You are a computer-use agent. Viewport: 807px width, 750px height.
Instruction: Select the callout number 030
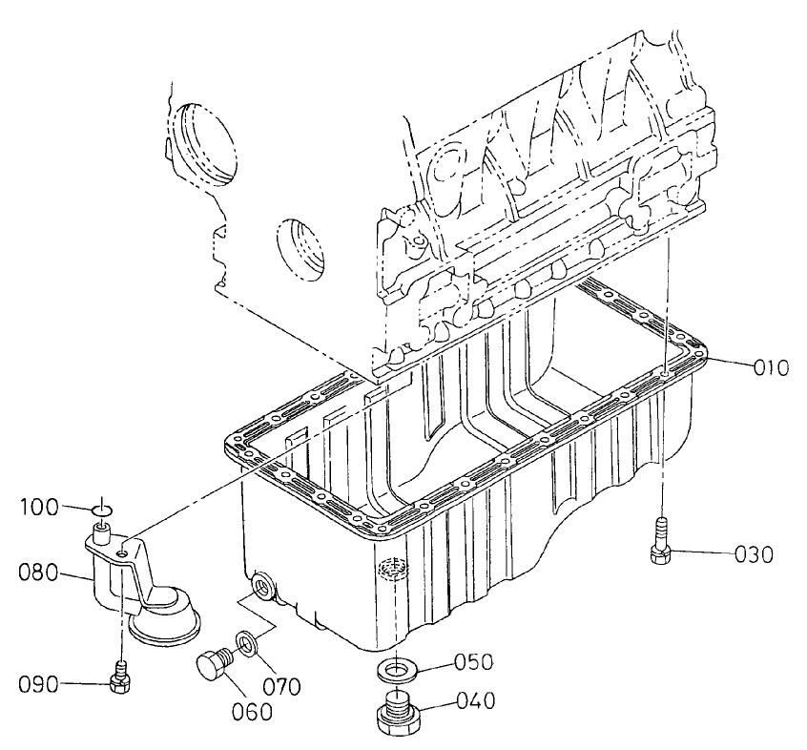tap(759, 553)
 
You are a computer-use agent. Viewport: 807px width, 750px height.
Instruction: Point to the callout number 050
tap(473, 660)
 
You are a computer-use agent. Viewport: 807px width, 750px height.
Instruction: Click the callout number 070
tap(282, 685)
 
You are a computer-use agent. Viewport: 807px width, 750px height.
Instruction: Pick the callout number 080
tap(39, 573)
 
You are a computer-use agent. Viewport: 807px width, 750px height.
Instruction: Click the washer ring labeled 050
tap(394, 668)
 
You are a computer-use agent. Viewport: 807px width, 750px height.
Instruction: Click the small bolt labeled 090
tap(120, 677)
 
